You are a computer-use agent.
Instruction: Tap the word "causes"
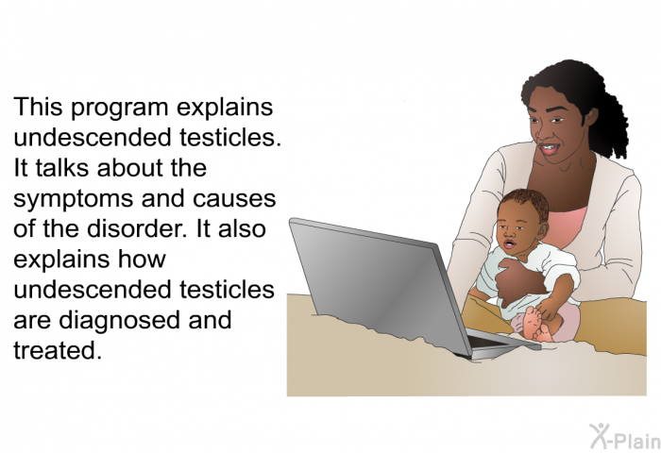point(234,199)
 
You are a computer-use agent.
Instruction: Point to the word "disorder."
point(137,228)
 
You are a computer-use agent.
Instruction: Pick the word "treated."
point(58,350)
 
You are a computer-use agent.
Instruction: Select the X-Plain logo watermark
point(625,437)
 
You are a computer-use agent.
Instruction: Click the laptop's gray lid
point(380,282)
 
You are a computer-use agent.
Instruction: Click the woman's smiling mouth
point(551,149)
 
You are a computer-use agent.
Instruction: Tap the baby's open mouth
point(509,244)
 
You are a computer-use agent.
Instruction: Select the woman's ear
point(591,116)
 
